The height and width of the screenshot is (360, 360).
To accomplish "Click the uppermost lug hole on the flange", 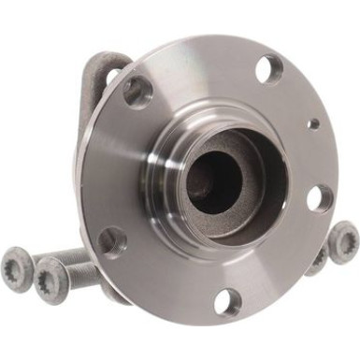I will [x=269, y=67].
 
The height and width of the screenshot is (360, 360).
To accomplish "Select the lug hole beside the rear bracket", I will [x=137, y=92].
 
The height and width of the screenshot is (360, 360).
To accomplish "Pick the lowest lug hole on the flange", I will [x=227, y=300].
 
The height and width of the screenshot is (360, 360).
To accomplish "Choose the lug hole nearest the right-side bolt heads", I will [x=319, y=197].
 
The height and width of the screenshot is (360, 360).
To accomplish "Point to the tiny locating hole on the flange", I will [x=313, y=122].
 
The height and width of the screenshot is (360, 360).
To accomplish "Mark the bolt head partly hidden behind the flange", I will [x=317, y=259].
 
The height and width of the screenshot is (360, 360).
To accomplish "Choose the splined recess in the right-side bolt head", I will [x=343, y=240].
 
